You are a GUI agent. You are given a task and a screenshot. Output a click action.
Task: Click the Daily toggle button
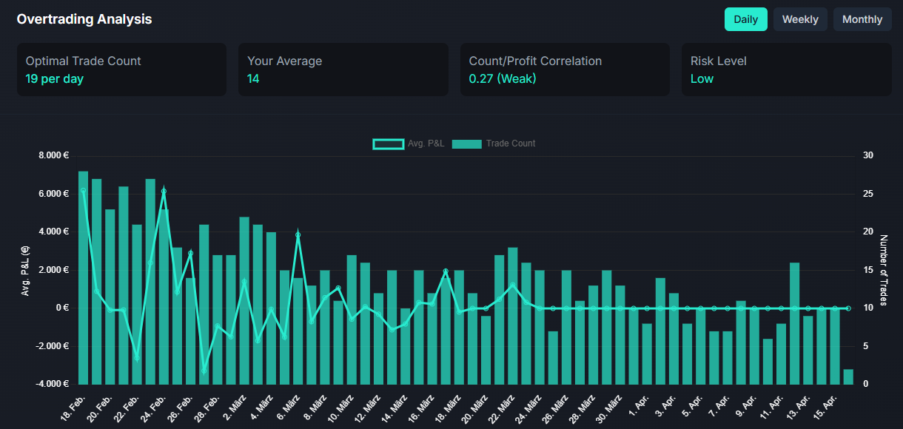[x=745, y=19]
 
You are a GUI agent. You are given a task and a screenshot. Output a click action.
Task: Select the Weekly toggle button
[x=800, y=19]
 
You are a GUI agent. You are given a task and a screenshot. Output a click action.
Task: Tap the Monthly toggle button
[x=862, y=19]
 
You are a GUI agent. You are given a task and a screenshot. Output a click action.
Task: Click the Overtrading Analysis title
[x=84, y=19]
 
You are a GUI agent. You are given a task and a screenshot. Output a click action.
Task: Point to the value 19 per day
[x=55, y=78]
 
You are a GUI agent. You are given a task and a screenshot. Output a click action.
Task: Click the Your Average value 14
[x=253, y=78]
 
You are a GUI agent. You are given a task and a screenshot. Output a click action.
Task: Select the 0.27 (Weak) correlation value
[x=503, y=78]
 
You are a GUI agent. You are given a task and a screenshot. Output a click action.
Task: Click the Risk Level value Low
[x=702, y=78]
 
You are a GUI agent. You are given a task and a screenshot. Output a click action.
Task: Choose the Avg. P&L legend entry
[x=409, y=143]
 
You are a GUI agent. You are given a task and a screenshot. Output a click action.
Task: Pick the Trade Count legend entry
[x=494, y=143]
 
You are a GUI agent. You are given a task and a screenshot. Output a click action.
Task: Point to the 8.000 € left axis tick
[x=53, y=155]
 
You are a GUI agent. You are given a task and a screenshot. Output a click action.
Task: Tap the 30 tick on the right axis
[x=868, y=155]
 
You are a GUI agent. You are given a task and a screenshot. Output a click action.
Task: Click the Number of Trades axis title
[x=883, y=270]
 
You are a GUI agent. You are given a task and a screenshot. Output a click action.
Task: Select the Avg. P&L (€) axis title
[x=25, y=270]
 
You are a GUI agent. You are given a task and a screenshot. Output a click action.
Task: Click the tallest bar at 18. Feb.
[x=83, y=277]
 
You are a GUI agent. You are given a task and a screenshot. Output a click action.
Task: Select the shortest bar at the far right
[x=848, y=376]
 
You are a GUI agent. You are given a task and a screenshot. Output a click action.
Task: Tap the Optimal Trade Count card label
[x=83, y=61]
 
